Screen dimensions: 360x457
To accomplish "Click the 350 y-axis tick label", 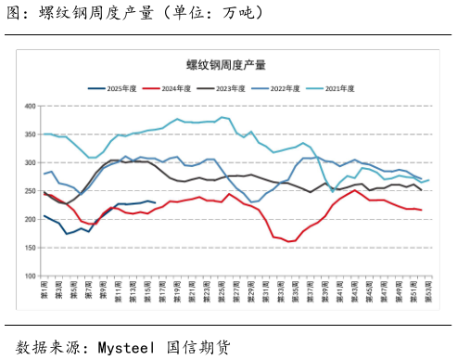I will point(28,135).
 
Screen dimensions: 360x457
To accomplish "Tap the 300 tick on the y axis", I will point(28,162).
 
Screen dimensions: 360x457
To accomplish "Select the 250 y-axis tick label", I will point(28,191).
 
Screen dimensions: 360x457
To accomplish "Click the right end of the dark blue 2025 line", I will point(154,201).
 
